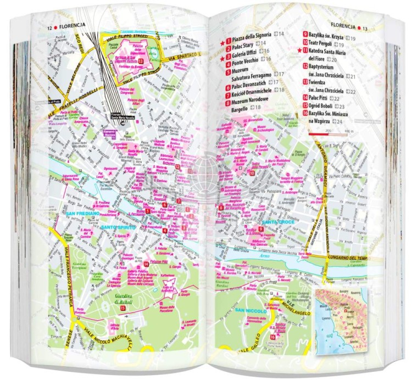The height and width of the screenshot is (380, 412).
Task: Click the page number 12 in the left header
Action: coord(49,27)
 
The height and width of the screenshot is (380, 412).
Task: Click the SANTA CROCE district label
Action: coord(277,221)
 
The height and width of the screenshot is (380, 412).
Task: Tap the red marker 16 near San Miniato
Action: coord(272,337)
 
